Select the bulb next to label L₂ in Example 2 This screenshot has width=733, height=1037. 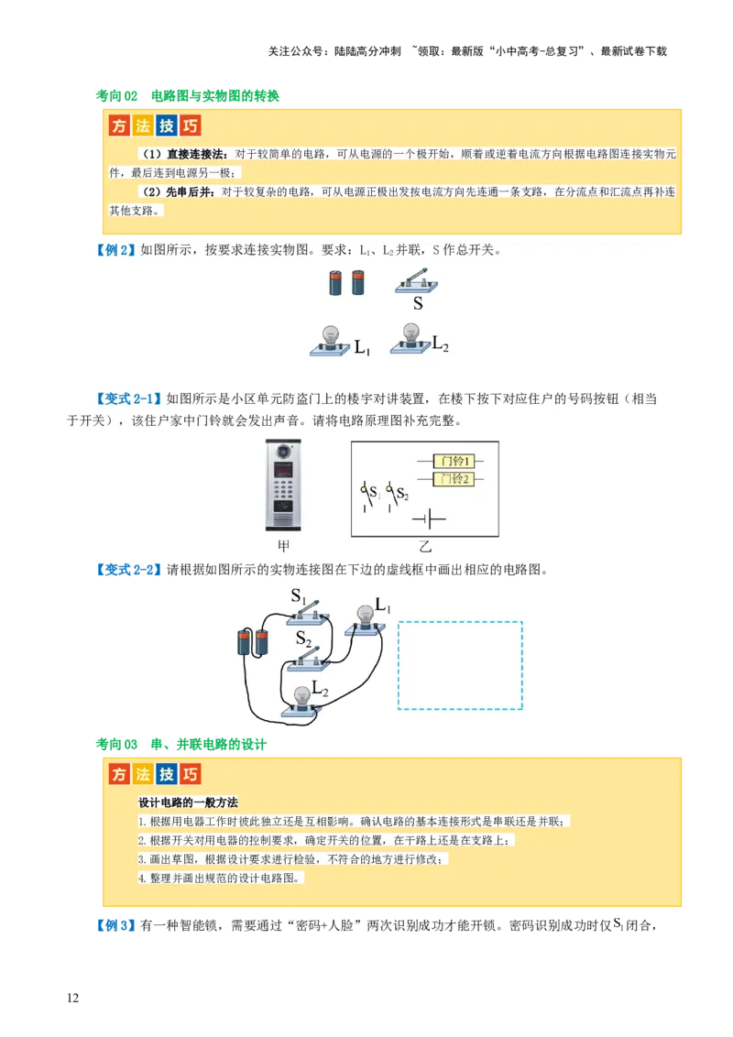click(x=410, y=337)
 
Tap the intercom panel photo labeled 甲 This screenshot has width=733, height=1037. click(x=283, y=485)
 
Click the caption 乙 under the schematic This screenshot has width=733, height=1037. click(x=424, y=547)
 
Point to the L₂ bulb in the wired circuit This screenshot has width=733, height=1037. click(x=303, y=699)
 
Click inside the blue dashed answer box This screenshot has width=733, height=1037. click(x=460, y=665)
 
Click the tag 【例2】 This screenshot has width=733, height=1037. click(x=115, y=250)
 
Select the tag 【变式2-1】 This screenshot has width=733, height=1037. click(x=127, y=399)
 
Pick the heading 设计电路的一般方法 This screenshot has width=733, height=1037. click(x=188, y=802)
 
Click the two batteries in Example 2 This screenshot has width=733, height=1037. click(x=347, y=282)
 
